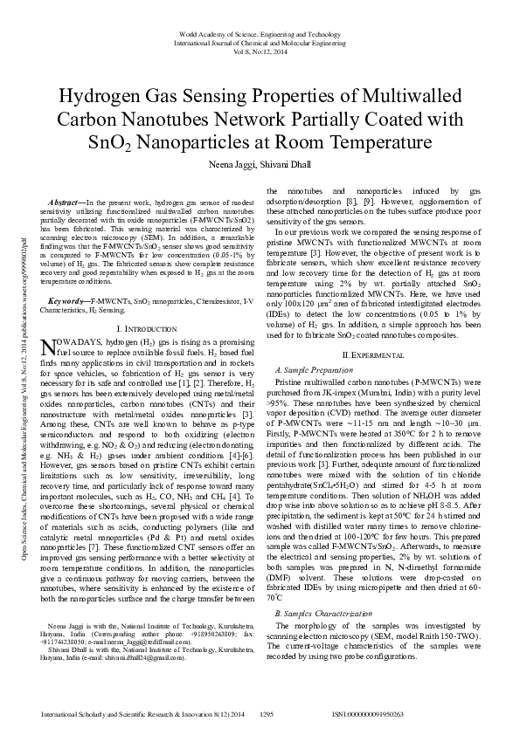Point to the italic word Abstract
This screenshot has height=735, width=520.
coord(66,203)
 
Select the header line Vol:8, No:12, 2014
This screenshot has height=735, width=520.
coord(260,50)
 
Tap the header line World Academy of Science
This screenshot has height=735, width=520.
coord(260,33)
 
